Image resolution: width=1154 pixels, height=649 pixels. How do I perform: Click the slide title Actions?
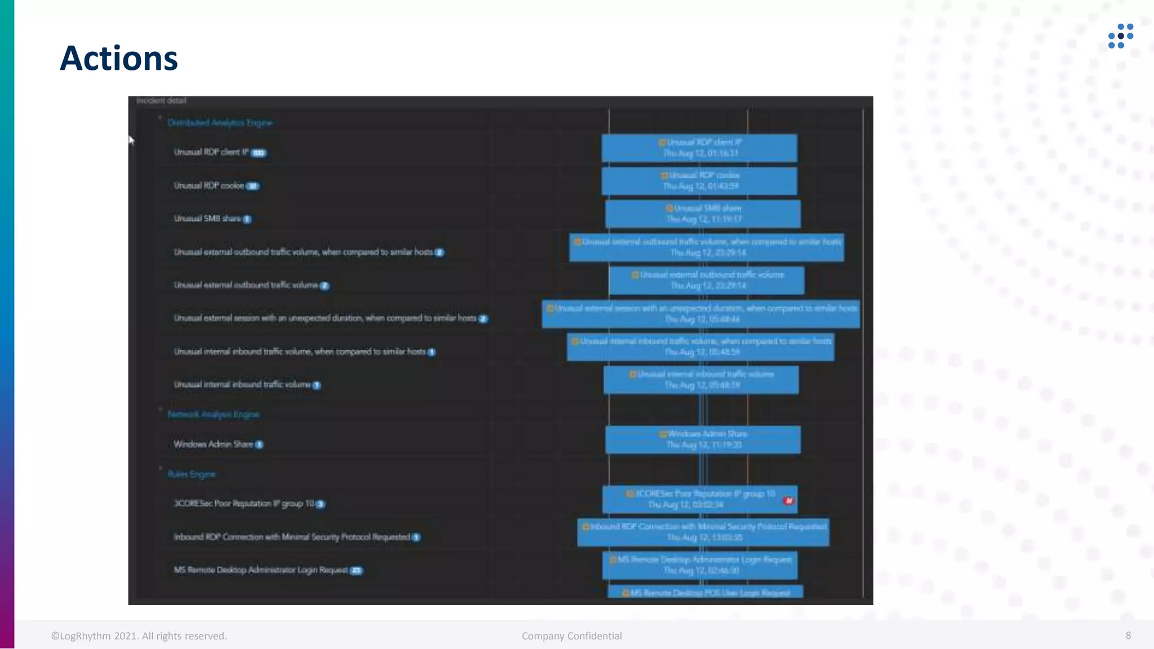(x=119, y=59)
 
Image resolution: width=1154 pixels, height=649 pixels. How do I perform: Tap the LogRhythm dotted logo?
(x=1120, y=36)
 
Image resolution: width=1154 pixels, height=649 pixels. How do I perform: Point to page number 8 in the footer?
(x=1128, y=635)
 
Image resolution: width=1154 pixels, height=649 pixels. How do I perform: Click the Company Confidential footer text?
(x=571, y=636)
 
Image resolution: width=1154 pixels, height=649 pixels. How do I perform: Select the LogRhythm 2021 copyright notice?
(x=139, y=636)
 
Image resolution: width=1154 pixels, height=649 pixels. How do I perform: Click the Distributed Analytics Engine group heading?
(x=220, y=123)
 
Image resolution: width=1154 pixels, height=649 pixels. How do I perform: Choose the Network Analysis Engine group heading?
(x=214, y=415)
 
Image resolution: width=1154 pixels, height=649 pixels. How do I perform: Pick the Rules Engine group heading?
(x=192, y=474)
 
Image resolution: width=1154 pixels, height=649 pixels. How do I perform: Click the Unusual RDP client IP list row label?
(x=211, y=152)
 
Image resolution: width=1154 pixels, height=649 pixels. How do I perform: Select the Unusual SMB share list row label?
(x=207, y=219)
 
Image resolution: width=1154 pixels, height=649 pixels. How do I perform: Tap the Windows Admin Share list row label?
(x=213, y=444)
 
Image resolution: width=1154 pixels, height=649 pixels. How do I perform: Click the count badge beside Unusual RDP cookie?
(x=252, y=186)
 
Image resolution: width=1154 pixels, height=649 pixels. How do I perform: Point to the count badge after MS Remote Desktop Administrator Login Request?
(x=356, y=571)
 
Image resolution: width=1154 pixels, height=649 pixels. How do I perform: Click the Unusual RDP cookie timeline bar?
(x=699, y=181)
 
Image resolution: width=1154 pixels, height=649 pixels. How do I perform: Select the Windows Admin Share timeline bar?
(x=703, y=439)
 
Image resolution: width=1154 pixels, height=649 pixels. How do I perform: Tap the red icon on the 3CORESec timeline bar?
(x=788, y=500)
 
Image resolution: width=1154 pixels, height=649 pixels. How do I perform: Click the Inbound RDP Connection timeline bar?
(x=703, y=532)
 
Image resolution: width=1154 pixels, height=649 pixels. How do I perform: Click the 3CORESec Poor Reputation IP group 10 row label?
(x=243, y=504)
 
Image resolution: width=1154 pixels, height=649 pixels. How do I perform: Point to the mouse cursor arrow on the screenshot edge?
(x=131, y=140)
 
